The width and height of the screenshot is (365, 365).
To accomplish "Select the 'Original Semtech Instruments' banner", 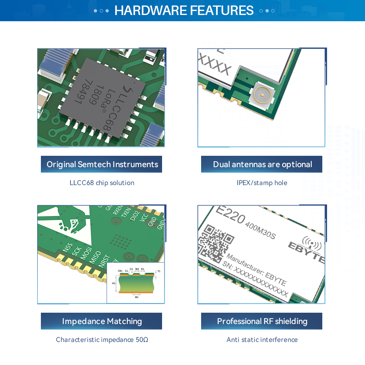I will tap(101, 164).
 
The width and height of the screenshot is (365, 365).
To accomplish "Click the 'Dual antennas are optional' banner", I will tap(262, 164).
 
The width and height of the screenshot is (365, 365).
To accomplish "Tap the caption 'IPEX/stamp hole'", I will tap(262, 182).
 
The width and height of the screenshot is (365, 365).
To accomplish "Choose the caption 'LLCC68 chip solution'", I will tap(102, 182).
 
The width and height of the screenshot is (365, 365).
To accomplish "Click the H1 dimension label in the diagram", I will tap(114, 283).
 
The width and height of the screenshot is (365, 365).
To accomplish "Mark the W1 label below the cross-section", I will tap(137, 297).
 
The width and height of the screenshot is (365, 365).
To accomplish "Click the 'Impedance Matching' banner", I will tap(101, 321).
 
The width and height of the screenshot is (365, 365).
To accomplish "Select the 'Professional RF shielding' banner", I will tap(262, 321).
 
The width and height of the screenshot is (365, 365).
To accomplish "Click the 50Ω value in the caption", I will tap(142, 340).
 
